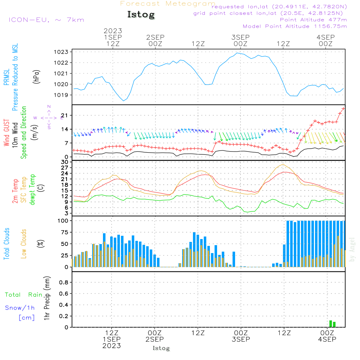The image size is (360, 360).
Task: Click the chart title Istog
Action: [x=141, y=15]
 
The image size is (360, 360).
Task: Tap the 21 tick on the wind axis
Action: [x=65, y=115]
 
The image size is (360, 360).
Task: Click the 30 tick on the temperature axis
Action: [x=65, y=162]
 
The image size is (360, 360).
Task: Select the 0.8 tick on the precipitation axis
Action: [x=64, y=283]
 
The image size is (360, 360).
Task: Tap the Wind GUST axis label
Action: [x=6, y=134]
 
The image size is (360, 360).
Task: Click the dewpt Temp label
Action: [x=32, y=190]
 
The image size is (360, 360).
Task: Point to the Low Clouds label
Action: [x=24, y=243]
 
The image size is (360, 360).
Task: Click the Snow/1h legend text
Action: [x=20, y=308]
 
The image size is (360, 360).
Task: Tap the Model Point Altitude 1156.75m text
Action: [x=295, y=26]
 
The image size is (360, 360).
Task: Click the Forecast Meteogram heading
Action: [x=168, y=4]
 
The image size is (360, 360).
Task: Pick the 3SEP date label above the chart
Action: [x=240, y=37]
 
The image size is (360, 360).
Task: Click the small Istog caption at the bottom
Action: [x=161, y=348]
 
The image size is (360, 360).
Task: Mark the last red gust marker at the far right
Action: [x=343, y=108]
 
